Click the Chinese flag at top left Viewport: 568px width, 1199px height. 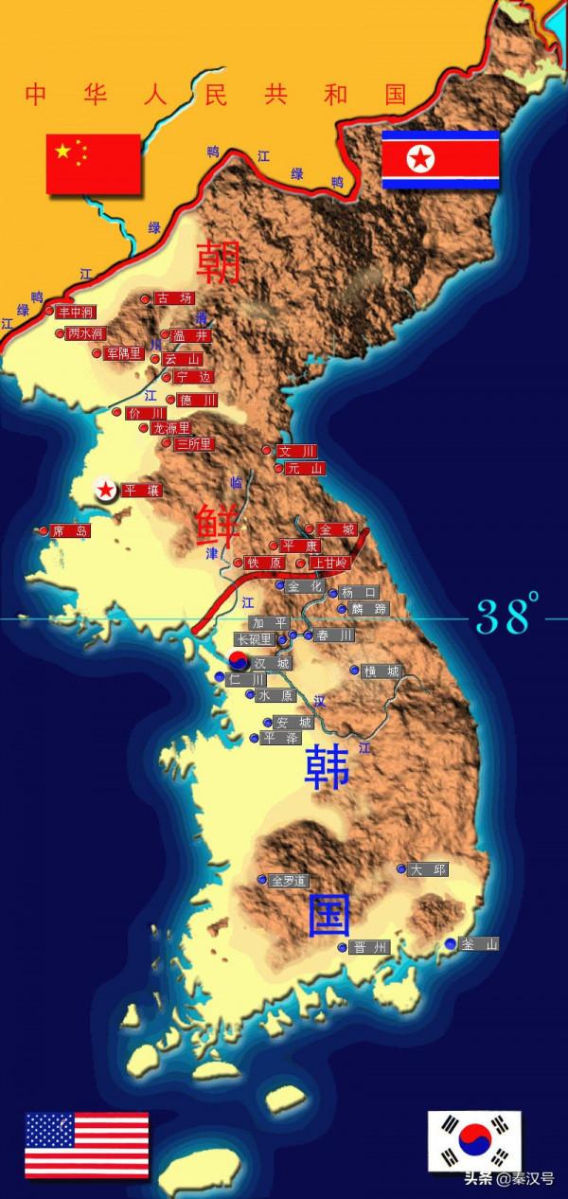[93, 163]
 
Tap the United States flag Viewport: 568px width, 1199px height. [86, 1144]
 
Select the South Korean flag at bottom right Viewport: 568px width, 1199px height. [474, 1140]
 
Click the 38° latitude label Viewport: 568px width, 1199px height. [507, 616]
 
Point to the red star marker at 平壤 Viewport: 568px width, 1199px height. [105, 490]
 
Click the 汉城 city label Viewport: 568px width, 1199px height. [272, 663]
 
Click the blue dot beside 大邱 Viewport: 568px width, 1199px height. [401, 868]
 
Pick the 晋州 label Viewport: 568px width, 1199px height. [369, 947]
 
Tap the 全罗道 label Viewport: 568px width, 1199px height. [290, 881]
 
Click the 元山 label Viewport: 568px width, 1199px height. [305, 468]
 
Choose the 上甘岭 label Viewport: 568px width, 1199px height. [330, 563]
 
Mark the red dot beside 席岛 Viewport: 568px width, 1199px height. [44, 531]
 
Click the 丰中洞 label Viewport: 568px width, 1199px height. [76, 312]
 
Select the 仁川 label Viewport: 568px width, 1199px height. [247, 679]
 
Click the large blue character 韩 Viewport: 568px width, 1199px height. [328, 768]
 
